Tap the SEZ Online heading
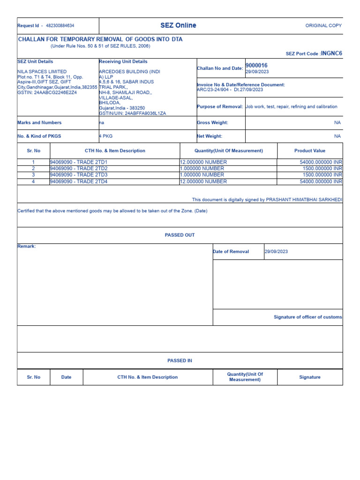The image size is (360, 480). tap(178, 25)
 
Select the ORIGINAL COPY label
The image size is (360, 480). tap(323, 26)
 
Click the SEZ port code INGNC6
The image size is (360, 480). tap(331, 53)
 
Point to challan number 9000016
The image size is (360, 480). tap(256, 65)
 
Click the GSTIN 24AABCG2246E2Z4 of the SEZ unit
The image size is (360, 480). tap(47, 92)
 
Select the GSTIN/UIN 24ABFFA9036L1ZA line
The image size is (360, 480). tap(132, 113)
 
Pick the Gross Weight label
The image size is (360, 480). tap(212, 122)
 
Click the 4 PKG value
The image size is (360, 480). tap(106, 136)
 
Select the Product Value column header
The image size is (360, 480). tap(309, 150)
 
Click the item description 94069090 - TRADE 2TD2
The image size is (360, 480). tap(79, 168)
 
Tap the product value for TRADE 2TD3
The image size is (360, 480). tap(321, 175)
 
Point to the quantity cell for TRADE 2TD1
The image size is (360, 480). tap(203, 162)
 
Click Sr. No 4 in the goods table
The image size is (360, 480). tap(33, 181)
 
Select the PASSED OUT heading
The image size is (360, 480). tap(180, 235)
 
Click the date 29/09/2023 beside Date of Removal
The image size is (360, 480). tap(276, 252)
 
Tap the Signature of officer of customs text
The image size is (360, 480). tap(307, 317)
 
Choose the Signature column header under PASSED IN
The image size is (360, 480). tap(309, 377)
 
